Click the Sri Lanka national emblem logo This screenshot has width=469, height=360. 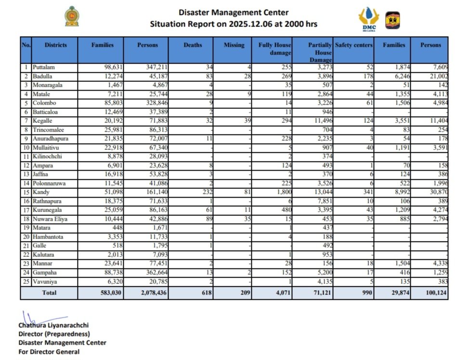72,16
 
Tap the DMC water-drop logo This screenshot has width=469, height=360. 368,19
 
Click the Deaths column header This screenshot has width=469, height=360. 193,45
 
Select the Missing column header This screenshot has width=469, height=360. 234,45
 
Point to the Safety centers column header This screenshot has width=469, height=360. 353,45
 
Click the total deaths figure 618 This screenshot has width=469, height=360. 206,293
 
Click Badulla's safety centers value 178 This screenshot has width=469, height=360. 366,76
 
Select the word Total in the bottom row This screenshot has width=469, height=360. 49,293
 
